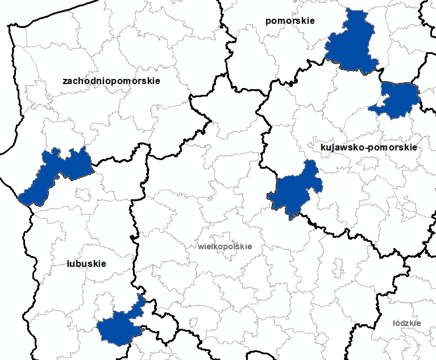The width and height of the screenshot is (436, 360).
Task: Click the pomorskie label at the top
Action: (290, 21)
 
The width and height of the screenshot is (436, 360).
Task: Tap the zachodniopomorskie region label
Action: (111, 81)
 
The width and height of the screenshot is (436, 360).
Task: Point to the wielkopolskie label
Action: (225, 247)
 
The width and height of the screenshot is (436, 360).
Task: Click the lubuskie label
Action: (86, 264)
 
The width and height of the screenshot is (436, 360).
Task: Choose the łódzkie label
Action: (407, 323)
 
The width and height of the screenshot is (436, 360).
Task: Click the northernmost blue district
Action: (352, 43)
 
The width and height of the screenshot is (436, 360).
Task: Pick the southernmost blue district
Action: (117, 327)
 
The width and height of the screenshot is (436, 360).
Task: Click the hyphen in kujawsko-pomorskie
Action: (367, 148)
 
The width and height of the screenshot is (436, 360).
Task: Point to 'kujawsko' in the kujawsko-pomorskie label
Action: (343, 147)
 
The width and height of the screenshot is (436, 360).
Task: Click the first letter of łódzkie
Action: (394, 323)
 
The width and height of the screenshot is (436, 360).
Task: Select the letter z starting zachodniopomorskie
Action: (65, 81)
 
